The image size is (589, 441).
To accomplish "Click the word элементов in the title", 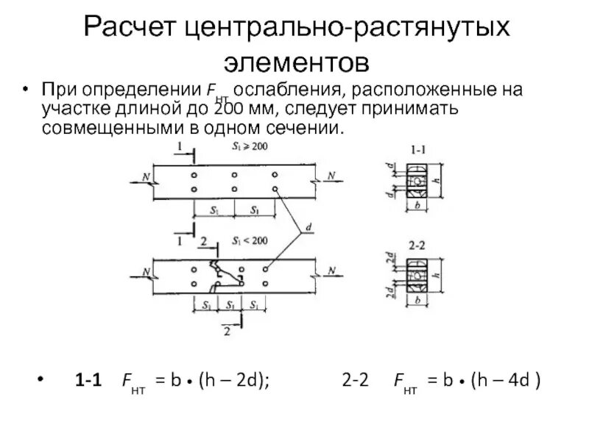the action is click(x=294, y=62).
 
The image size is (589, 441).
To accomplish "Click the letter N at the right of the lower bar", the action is click(x=333, y=270).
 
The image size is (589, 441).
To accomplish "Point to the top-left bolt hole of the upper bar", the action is click(x=194, y=176).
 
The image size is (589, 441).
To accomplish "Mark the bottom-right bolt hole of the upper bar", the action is click(x=274, y=190).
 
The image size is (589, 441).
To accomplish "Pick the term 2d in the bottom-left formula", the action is click(x=244, y=383).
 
